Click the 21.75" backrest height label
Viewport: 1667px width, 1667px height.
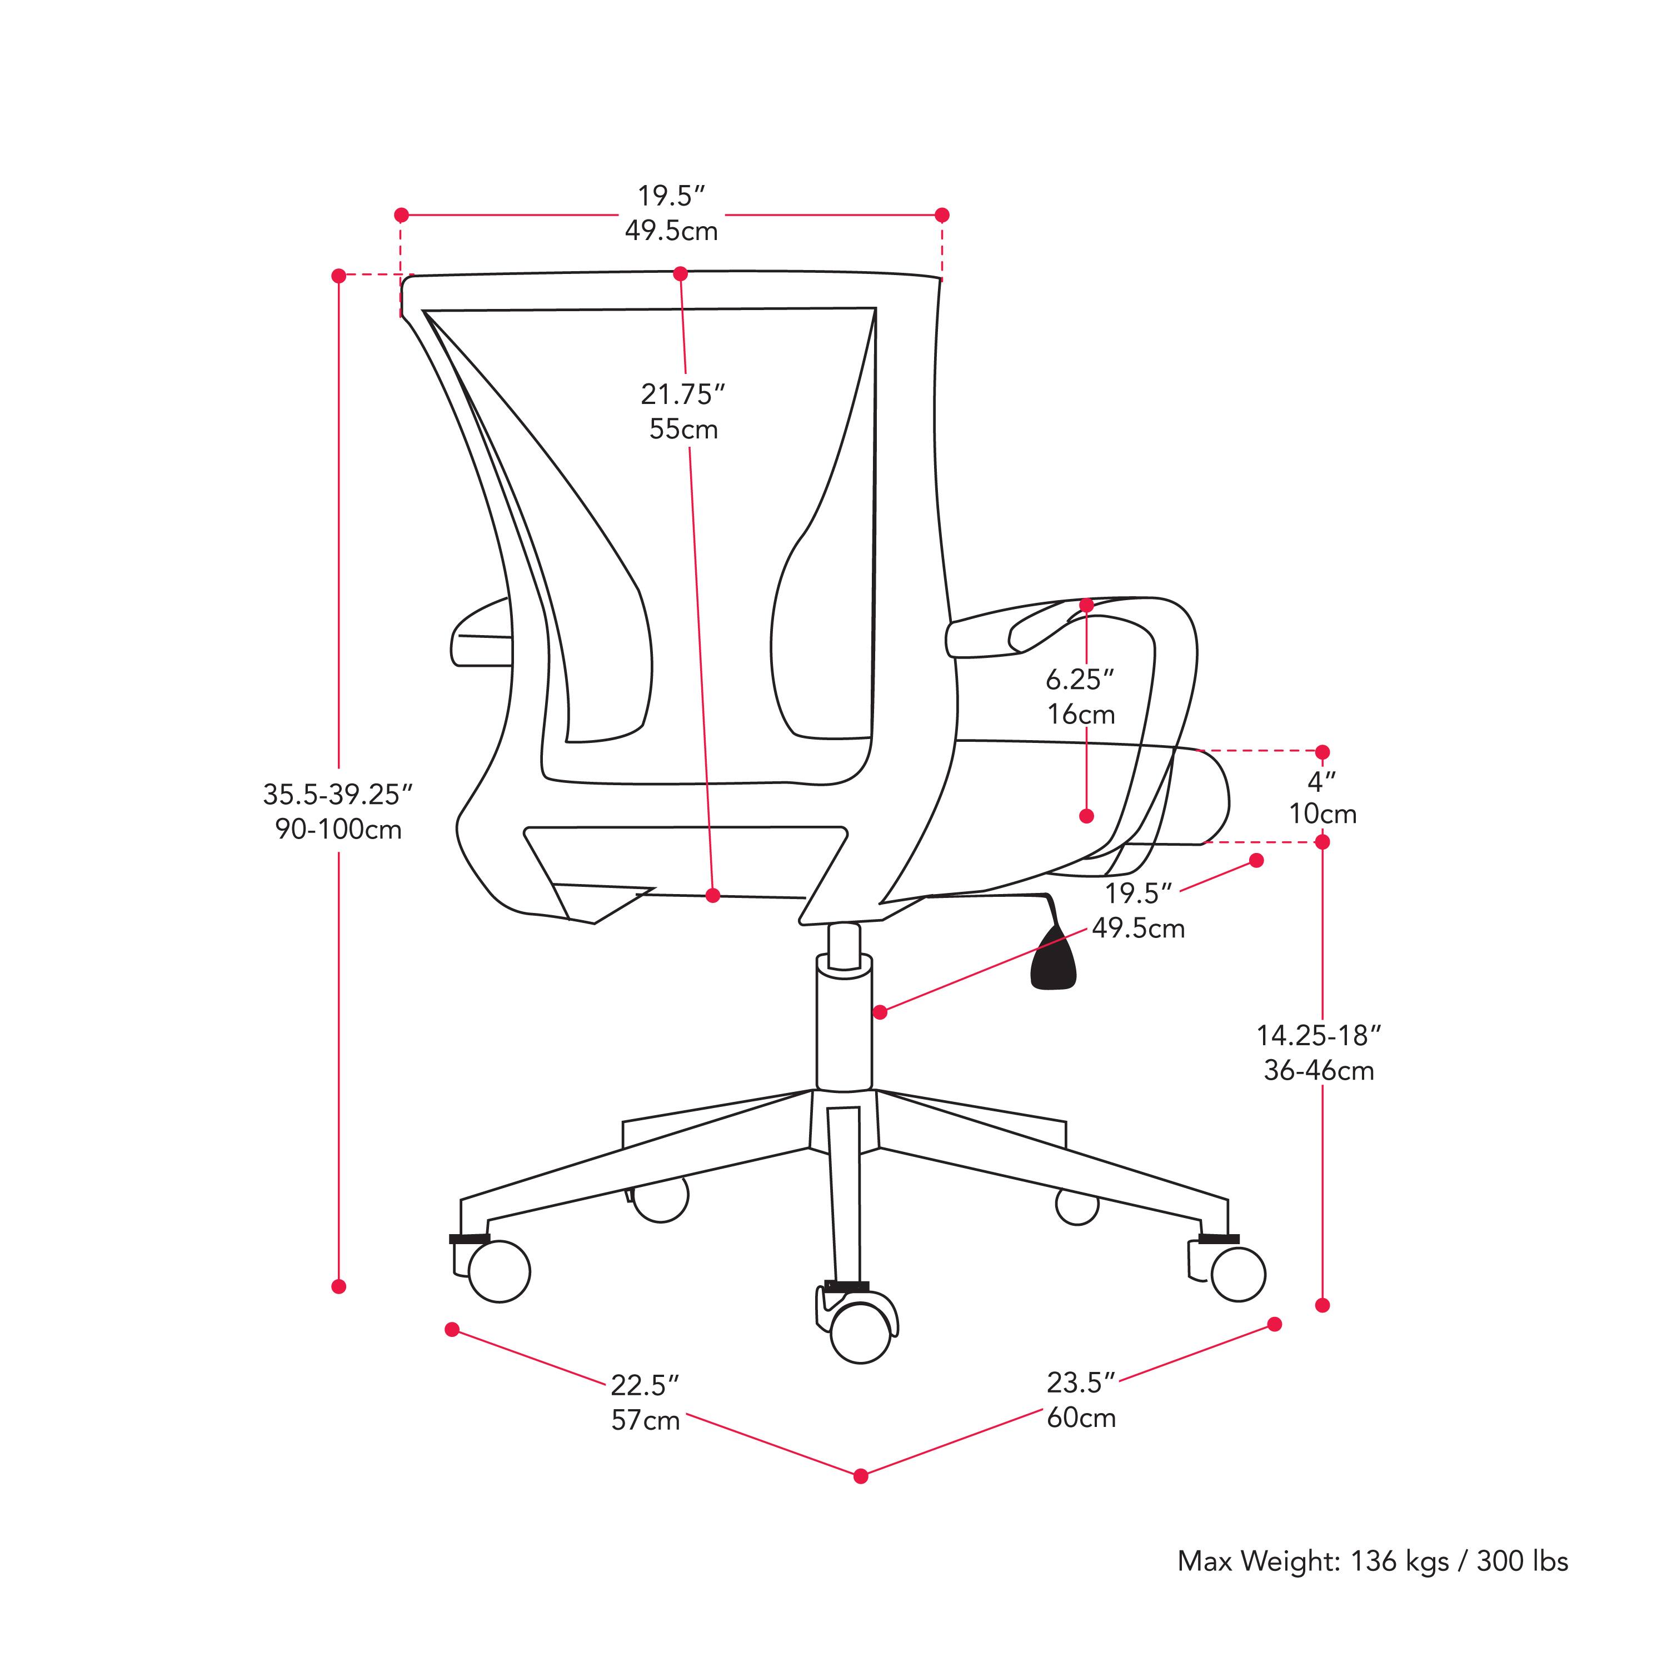point(682,395)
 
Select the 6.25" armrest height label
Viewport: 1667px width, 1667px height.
point(1080,680)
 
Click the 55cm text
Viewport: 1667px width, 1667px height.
point(683,430)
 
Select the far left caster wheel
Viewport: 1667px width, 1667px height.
point(499,1271)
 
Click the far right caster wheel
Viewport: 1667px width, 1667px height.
point(1238,1274)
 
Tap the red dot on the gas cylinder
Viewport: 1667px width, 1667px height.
point(879,1012)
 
